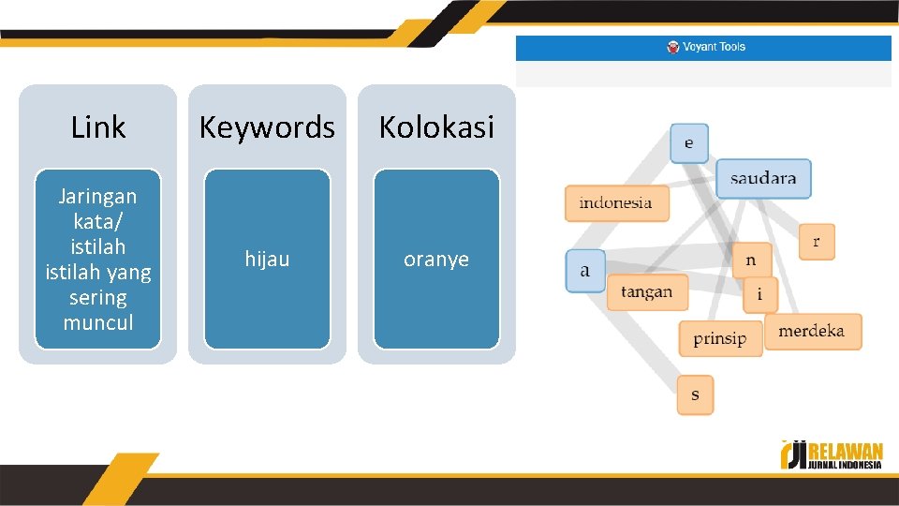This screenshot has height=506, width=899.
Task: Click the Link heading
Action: tap(98, 127)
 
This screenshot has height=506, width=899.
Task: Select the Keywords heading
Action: tap(267, 127)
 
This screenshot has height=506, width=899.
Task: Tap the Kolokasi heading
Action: tap(436, 127)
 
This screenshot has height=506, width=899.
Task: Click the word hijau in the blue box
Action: tap(267, 259)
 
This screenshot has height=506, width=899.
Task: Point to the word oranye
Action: tap(436, 260)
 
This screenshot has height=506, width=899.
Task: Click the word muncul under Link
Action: tap(98, 322)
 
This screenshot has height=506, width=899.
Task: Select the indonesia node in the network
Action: tap(616, 203)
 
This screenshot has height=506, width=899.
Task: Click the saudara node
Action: tap(763, 178)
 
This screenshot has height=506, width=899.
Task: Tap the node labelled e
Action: tap(689, 143)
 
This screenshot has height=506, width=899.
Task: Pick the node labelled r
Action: tap(817, 242)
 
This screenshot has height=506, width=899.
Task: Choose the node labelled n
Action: tap(751, 260)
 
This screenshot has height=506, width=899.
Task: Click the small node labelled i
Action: tap(759, 294)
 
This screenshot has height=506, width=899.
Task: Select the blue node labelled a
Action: tap(585, 271)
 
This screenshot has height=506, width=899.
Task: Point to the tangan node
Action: tap(647, 292)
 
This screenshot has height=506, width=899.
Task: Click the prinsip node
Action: tap(720, 338)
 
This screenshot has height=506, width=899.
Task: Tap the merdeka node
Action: tap(812, 332)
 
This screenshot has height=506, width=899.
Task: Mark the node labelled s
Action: tap(695, 394)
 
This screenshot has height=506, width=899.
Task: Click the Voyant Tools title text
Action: tap(715, 47)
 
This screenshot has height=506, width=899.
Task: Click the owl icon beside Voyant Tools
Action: tap(673, 47)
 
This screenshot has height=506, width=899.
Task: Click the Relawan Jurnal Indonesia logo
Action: tap(832, 454)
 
